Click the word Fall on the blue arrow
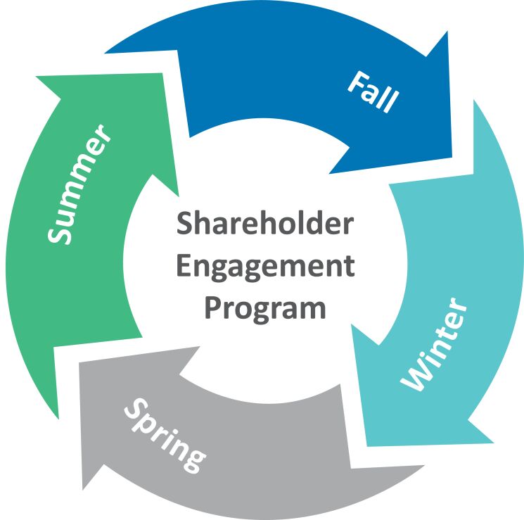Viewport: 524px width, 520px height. (373, 91)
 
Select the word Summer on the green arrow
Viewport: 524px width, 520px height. (79, 184)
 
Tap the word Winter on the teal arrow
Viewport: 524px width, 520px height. (433, 344)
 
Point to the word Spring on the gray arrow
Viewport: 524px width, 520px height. (165, 436)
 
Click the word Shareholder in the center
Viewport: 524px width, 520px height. (265, 223)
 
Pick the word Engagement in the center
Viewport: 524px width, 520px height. (265, 267)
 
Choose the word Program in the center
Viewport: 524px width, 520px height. (265, 310)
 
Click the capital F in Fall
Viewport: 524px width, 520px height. (356, 82)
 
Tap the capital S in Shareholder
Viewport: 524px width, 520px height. (184, 223)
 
